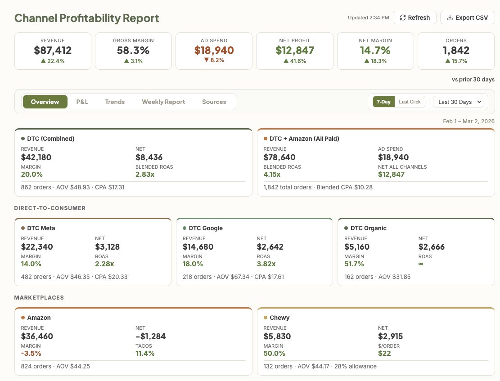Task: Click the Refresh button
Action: pos(414,18)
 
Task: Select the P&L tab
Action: pos(82,102)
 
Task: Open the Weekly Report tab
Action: pos(163,102)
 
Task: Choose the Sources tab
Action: pos(214,102)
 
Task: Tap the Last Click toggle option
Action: pos(410,102)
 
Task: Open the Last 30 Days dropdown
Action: pos(458,102)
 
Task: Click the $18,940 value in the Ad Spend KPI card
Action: pos(214,50)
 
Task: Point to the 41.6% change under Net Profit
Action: pos(295,61)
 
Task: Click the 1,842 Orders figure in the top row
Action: pos(456,50)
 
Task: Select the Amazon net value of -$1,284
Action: pos(151,336)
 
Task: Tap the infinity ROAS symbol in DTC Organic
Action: pos(421,264)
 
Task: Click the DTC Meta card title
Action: pos(41,228)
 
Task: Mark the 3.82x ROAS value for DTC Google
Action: pos(266,264)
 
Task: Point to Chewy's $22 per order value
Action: pos(384,354)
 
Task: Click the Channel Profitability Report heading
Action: pos(87,18)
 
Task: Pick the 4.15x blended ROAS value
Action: pos(272,175)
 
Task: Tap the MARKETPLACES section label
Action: pos(39,297)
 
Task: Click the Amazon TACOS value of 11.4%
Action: pos(145,354)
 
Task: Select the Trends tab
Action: pos(115,102)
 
